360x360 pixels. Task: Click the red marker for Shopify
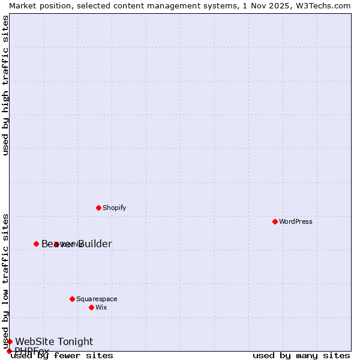(x=98, y=208)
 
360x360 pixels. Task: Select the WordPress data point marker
(x=275, y=221)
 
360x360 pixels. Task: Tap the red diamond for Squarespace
(x=72, y=299)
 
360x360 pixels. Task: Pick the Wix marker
(x=91, y=307)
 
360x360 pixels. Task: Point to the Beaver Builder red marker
(x=36, y=244)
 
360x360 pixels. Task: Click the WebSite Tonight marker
(x=10, y=341)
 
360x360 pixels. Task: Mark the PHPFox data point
(x=9, y=351)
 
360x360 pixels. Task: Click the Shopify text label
(x=114, y=208)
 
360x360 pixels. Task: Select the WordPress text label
(x=296, y=221)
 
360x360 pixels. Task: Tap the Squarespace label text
(x=97, y=299)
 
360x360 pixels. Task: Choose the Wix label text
(x=101, y=307)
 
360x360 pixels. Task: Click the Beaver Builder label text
(x=77, y=244)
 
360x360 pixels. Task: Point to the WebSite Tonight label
(x=54, y=341)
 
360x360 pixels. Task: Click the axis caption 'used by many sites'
(x=301, y=355)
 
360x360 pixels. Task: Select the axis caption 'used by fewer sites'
(x=62, y=355)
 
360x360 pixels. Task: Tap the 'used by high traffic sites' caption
(x=5, y=85)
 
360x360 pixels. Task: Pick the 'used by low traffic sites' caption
(x=5, y=281)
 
